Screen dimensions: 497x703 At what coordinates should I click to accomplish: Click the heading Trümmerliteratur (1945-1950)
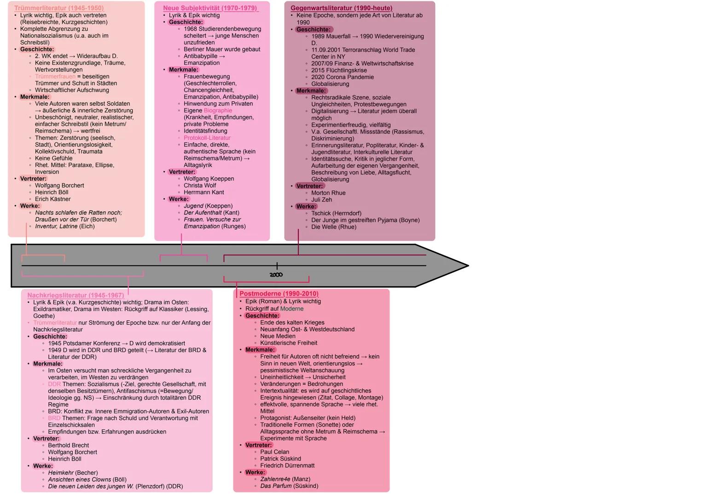pos(59,8)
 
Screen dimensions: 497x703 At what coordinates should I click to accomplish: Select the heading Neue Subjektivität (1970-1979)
pos(210,8)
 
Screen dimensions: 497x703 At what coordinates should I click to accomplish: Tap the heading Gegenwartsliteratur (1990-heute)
pos(341,8)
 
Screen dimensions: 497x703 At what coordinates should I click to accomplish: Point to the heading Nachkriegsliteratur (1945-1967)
pos(76,295)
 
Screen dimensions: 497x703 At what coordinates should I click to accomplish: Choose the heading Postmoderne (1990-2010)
pos(279,294)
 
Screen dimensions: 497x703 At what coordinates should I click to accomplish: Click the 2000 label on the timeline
pos(276,275)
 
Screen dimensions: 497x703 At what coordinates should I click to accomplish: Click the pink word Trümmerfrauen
pos(55,76)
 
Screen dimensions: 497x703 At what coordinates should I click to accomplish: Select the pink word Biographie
pos(218,110)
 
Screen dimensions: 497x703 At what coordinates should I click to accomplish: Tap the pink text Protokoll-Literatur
pos(207,138)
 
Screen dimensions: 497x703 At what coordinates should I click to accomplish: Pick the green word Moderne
pos(292,309)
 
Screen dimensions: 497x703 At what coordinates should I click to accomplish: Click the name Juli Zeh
pos(321,200)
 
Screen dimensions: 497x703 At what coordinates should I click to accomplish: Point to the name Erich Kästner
pos(53,199)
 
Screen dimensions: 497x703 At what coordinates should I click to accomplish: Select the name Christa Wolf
pos(200,185)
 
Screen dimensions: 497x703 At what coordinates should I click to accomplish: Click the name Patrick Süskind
pos(280,459)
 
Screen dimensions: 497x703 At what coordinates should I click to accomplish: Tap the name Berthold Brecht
pos(69,445)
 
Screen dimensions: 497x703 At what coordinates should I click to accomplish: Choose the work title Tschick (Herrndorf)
pos(336,214)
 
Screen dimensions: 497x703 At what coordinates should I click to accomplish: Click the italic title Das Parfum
pos(276,486)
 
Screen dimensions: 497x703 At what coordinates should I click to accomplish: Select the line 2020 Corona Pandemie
pos(343,77)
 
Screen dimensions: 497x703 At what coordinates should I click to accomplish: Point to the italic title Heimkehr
pos(60,473)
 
